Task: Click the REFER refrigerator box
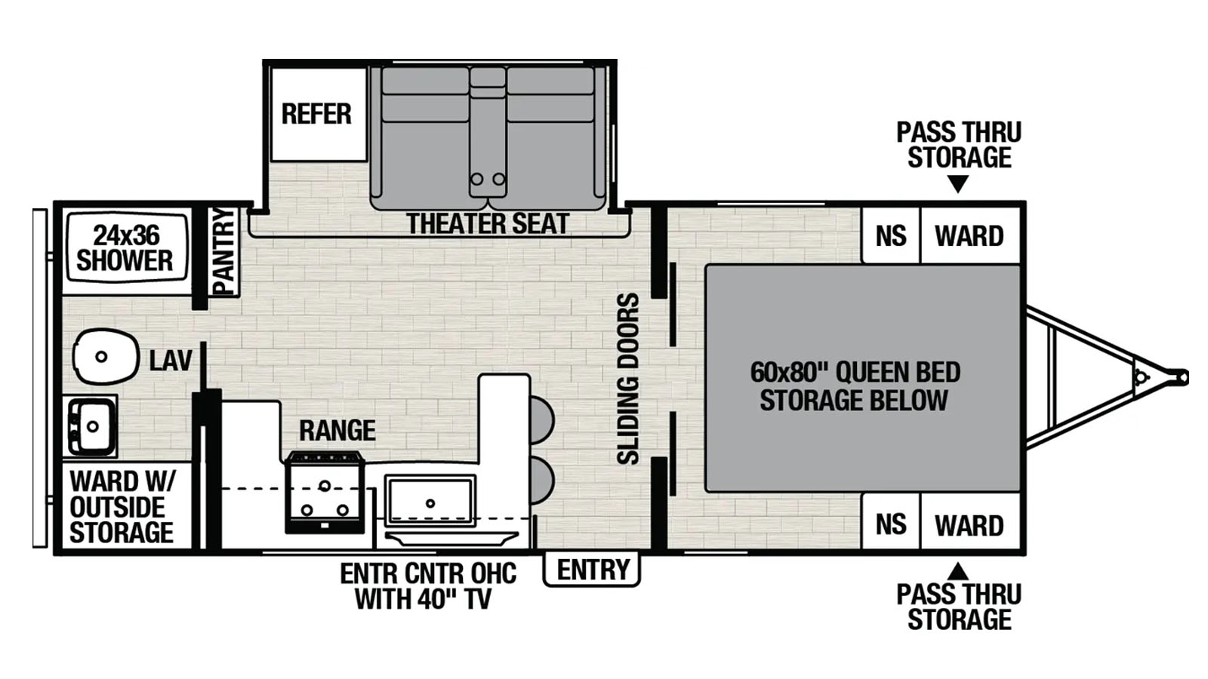(x=319, y=114)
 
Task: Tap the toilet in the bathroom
(x=106, y=356)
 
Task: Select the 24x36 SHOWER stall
(x=126, y=247)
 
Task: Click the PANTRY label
(x=224, y=252)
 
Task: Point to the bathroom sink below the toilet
(x=90, y=426)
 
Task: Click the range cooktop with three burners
(x=324, y=493)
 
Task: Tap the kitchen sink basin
(x=430, y=502)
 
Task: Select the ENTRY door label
(x=593, y=570)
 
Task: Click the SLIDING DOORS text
(x=628, y=378)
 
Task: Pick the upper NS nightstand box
(x=891, y=235)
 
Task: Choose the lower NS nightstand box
(x=891, y=524)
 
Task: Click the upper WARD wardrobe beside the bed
(x=969, y=235)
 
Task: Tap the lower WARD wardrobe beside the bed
(x=969, y=524)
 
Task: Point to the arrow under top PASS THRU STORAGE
(x=958, y=183)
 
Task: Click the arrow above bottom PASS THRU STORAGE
(x=958, y=570)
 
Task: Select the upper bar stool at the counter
(x=542, y=420)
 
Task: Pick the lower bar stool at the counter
(x=542, y=481)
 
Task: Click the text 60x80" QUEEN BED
(x=855, y=373)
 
